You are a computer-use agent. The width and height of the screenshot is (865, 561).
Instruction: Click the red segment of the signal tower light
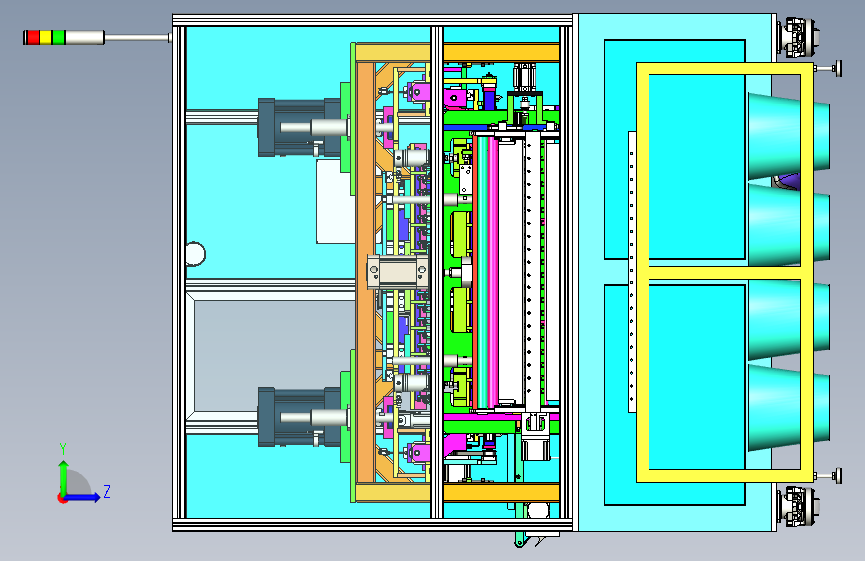tap(32, 38)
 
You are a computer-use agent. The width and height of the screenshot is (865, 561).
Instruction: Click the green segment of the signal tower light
tap(58, 38)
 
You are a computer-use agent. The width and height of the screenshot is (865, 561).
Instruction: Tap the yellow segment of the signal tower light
tap(45, 38)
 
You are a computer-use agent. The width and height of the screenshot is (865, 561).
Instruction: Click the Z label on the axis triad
tap(107, 491)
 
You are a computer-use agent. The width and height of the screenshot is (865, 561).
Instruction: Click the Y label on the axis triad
tap(63, 448)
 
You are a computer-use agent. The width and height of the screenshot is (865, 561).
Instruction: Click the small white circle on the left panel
tap(194, 254)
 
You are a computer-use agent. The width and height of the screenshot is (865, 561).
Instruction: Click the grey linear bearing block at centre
tap(397, 271)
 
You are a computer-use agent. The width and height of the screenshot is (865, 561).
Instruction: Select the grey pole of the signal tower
tap(136, 38)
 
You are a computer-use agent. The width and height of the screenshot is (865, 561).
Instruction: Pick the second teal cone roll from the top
tap(788, 226)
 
